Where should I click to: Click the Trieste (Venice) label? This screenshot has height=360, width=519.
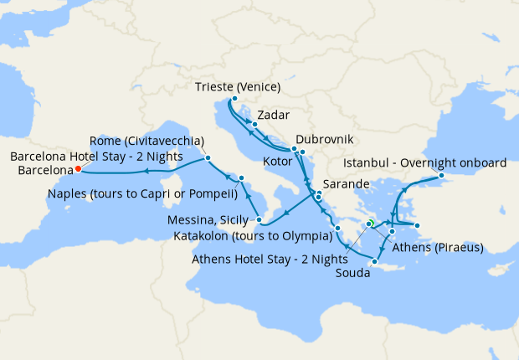[237, 87]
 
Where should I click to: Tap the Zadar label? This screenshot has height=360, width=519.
[275, 114]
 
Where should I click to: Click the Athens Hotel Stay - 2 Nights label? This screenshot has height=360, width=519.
[270, 258]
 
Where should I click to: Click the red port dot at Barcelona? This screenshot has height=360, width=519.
[78, 168]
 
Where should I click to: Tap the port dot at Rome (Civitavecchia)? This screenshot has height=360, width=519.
[207, 158]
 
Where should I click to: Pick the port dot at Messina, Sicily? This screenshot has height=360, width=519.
[260, 221]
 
